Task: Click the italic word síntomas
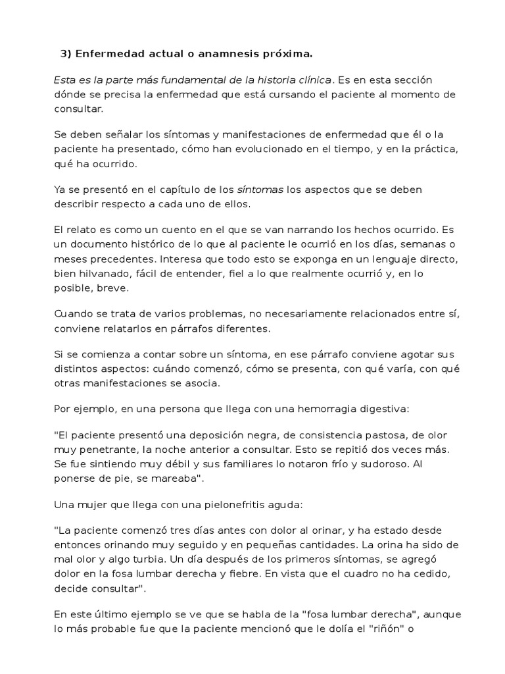[260, 190]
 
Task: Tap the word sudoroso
[398, 464]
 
